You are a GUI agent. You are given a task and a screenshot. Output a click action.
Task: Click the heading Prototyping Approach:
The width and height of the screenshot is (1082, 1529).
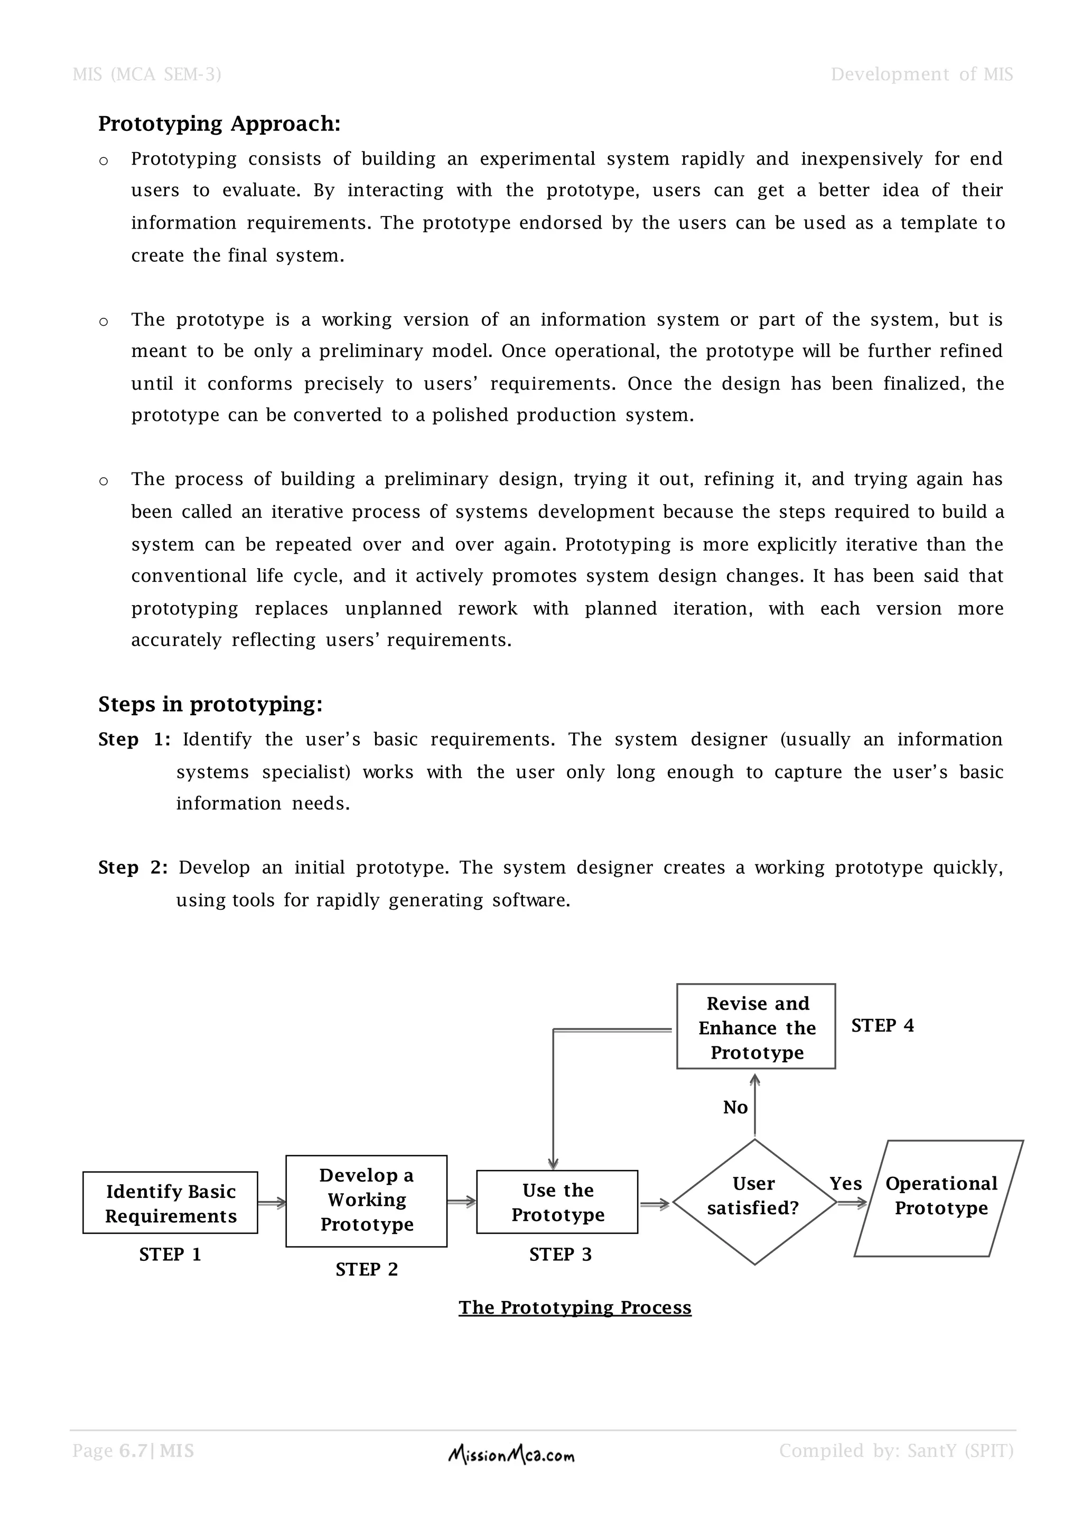pyautogui.click(x=219, y=124)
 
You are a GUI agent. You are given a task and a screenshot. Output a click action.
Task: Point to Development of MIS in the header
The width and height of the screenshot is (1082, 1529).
pyautogui.click(x=921, y=74)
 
